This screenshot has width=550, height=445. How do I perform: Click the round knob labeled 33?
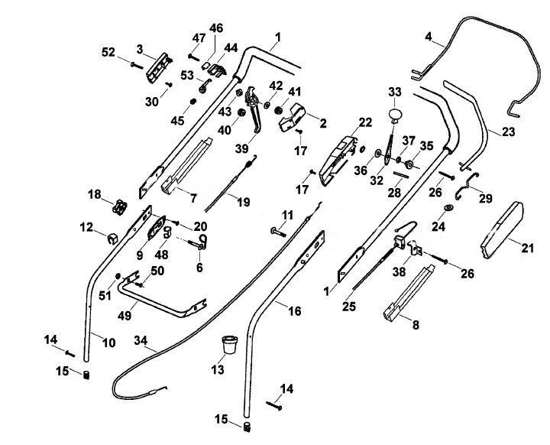(x=396, y=115)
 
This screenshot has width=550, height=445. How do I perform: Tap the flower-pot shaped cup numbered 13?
(x=229, y=345)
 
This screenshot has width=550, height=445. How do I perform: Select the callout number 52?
(x=108, y=52)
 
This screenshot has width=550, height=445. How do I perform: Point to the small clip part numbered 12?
(x=112, y=239)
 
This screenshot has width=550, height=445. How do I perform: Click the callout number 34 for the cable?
(x=141, y=340)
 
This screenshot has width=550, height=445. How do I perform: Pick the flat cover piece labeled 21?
(x=503, y=229)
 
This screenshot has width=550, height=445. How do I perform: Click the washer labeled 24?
(x=448, y=208)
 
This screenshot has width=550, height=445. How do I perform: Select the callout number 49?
(x=125, y=315)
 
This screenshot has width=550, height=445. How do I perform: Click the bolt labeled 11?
(x=278, y=232)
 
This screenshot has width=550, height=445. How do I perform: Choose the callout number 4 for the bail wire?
(x=429, y=37)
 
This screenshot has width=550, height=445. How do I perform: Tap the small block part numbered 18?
(x=119, y=207)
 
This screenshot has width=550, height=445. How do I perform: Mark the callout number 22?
(x=365, y=122)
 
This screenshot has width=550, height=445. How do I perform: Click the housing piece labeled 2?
(x=292, y=117)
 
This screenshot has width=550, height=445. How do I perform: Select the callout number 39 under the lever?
(x=241, y=149)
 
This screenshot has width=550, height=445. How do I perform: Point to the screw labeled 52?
(x=137, y=65)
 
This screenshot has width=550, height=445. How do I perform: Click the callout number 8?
(x=416, y=325)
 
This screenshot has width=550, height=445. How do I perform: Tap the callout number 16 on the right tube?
(x=295, y=311)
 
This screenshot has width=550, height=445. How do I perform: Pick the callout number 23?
(x=508, y=132)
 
